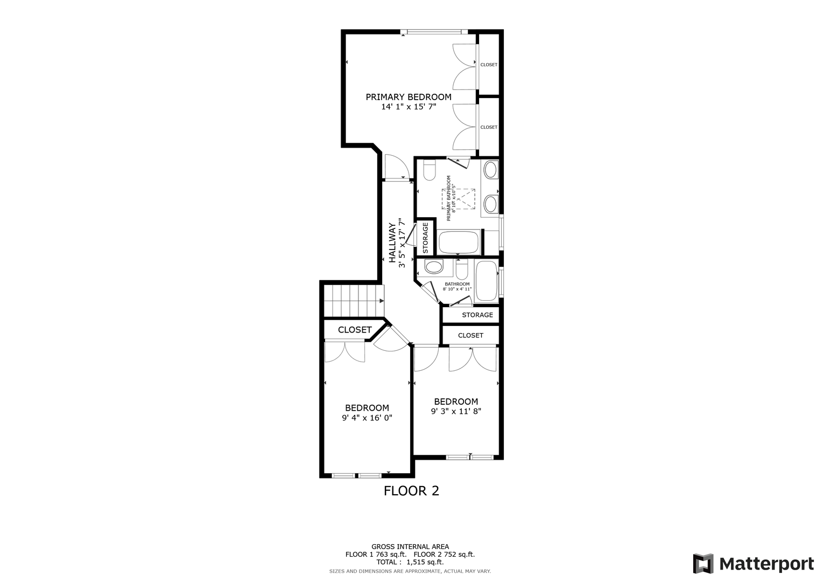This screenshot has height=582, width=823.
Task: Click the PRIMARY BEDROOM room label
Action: point(409,97)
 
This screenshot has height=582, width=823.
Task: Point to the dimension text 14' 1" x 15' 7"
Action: point(409,107)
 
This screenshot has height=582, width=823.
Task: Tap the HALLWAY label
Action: point(392,242)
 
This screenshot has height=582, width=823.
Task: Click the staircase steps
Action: point(354,301)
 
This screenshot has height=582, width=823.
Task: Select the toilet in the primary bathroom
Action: point(429,170)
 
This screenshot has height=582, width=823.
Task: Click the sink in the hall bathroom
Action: point(434,267)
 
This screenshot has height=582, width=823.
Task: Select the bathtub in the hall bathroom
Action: point(486,281)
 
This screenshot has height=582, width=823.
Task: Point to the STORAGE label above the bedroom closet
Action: point(478,315)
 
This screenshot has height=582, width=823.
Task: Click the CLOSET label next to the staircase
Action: point(355,330)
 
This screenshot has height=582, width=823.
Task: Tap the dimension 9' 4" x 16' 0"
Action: point(367,418)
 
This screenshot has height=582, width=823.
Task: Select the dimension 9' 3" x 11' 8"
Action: point(456,412)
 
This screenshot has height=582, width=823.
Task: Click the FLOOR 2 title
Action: point(412,491)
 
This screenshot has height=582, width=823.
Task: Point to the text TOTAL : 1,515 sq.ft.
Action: point(410,562)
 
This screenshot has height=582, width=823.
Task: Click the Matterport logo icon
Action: point(703,563)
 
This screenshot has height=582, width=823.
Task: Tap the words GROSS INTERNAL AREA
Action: point(410,547)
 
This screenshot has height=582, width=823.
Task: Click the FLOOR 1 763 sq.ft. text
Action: point(376,555)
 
